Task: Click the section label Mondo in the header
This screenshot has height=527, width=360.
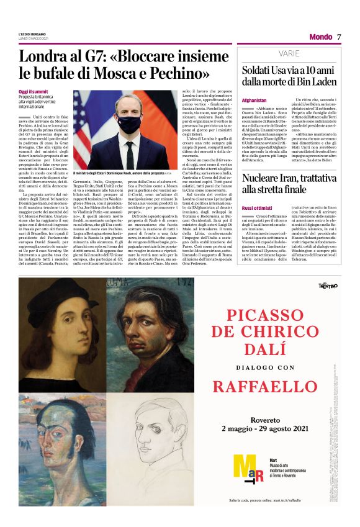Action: pyautogui.click(x=320, y=37)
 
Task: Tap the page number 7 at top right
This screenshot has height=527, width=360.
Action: pyautogui.click(x=340, y=37)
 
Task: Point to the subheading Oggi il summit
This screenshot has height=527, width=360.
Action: pyautogui.click(x=32, y=91)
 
